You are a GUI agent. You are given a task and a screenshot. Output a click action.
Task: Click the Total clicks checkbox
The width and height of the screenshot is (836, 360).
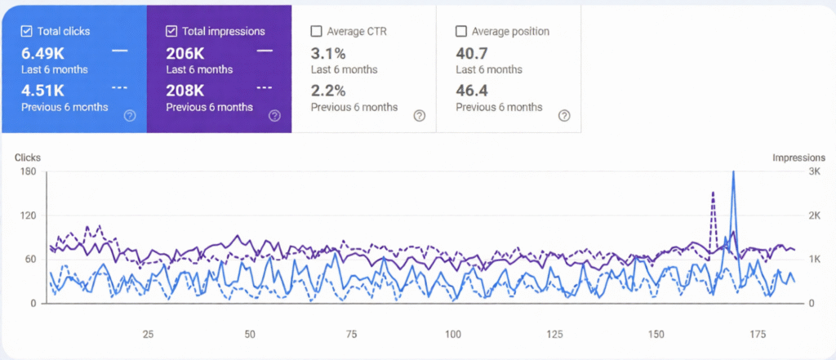[x=26, y=32]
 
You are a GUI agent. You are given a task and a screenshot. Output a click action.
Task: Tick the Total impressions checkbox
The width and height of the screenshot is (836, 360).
[x=171, y=32]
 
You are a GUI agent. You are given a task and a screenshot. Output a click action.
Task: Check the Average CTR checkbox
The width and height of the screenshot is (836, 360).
[x=316, y=32]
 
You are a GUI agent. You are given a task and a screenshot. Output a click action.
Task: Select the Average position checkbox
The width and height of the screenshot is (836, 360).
[x=460, y=32]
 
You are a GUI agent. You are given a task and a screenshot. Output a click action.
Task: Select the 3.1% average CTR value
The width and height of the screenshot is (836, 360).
[x=328, y=53]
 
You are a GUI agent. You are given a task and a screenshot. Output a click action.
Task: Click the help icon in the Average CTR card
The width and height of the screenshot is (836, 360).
[x=419, y=116]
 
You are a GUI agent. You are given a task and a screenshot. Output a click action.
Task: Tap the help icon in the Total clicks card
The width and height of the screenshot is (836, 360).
[x=129, y=116]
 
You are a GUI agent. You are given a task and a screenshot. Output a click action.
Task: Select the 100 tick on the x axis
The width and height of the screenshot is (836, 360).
[x=453, y=335]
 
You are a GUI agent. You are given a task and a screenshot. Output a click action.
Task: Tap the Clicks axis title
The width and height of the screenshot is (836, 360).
[x=27, y=158]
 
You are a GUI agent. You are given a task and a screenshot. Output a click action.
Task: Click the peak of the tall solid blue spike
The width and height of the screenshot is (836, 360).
[x=733, y=172]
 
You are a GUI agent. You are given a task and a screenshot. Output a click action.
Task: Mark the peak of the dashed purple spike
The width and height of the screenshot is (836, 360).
[x=713, y=193]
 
